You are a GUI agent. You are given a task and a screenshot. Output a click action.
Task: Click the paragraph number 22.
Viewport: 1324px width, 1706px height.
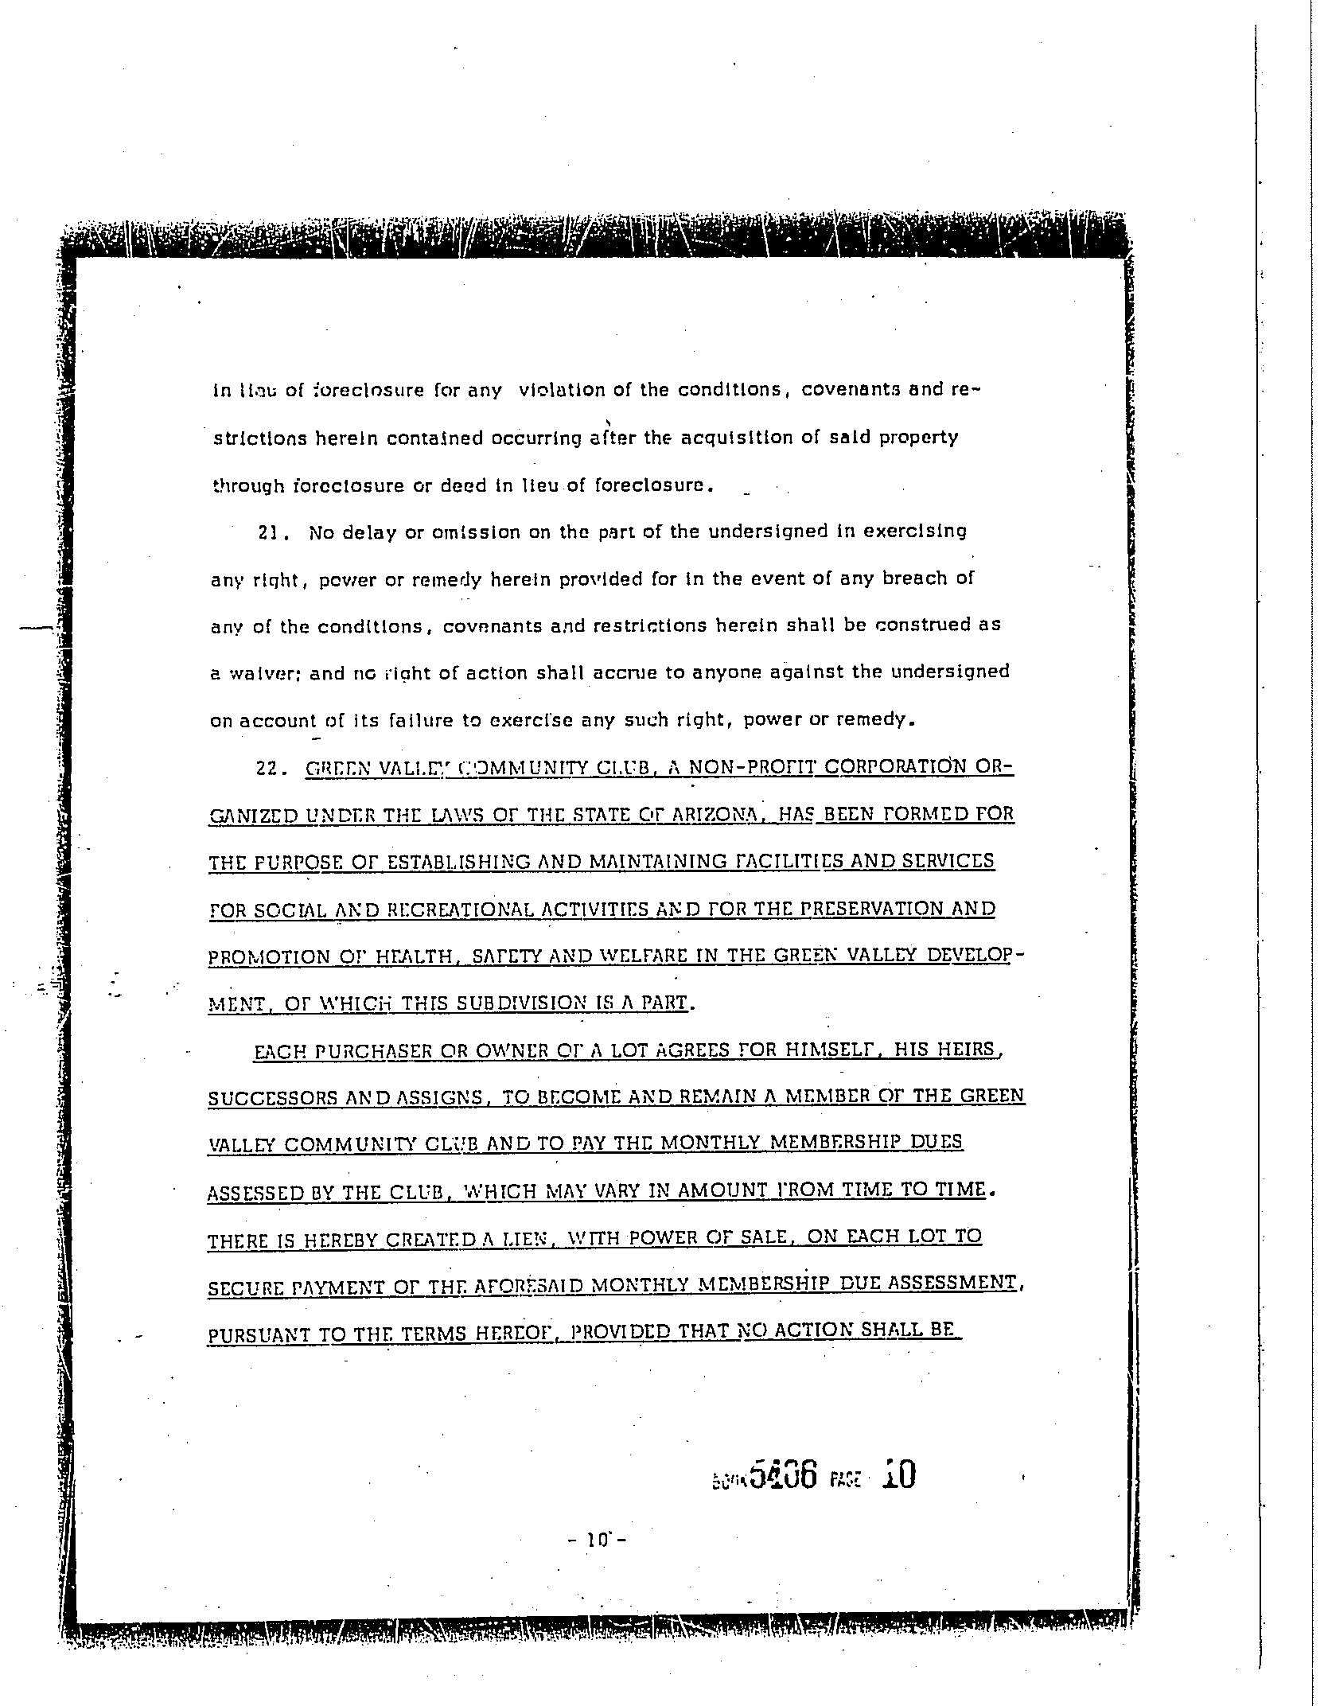coord(267,769)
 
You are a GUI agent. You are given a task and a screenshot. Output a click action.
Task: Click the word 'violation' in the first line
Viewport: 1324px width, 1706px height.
coord(562,390)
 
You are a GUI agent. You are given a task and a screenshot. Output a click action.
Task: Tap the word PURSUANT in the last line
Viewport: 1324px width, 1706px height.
coord(258,1334)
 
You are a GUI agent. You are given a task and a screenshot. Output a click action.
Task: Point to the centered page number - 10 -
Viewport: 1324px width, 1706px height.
coord(598,1539)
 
